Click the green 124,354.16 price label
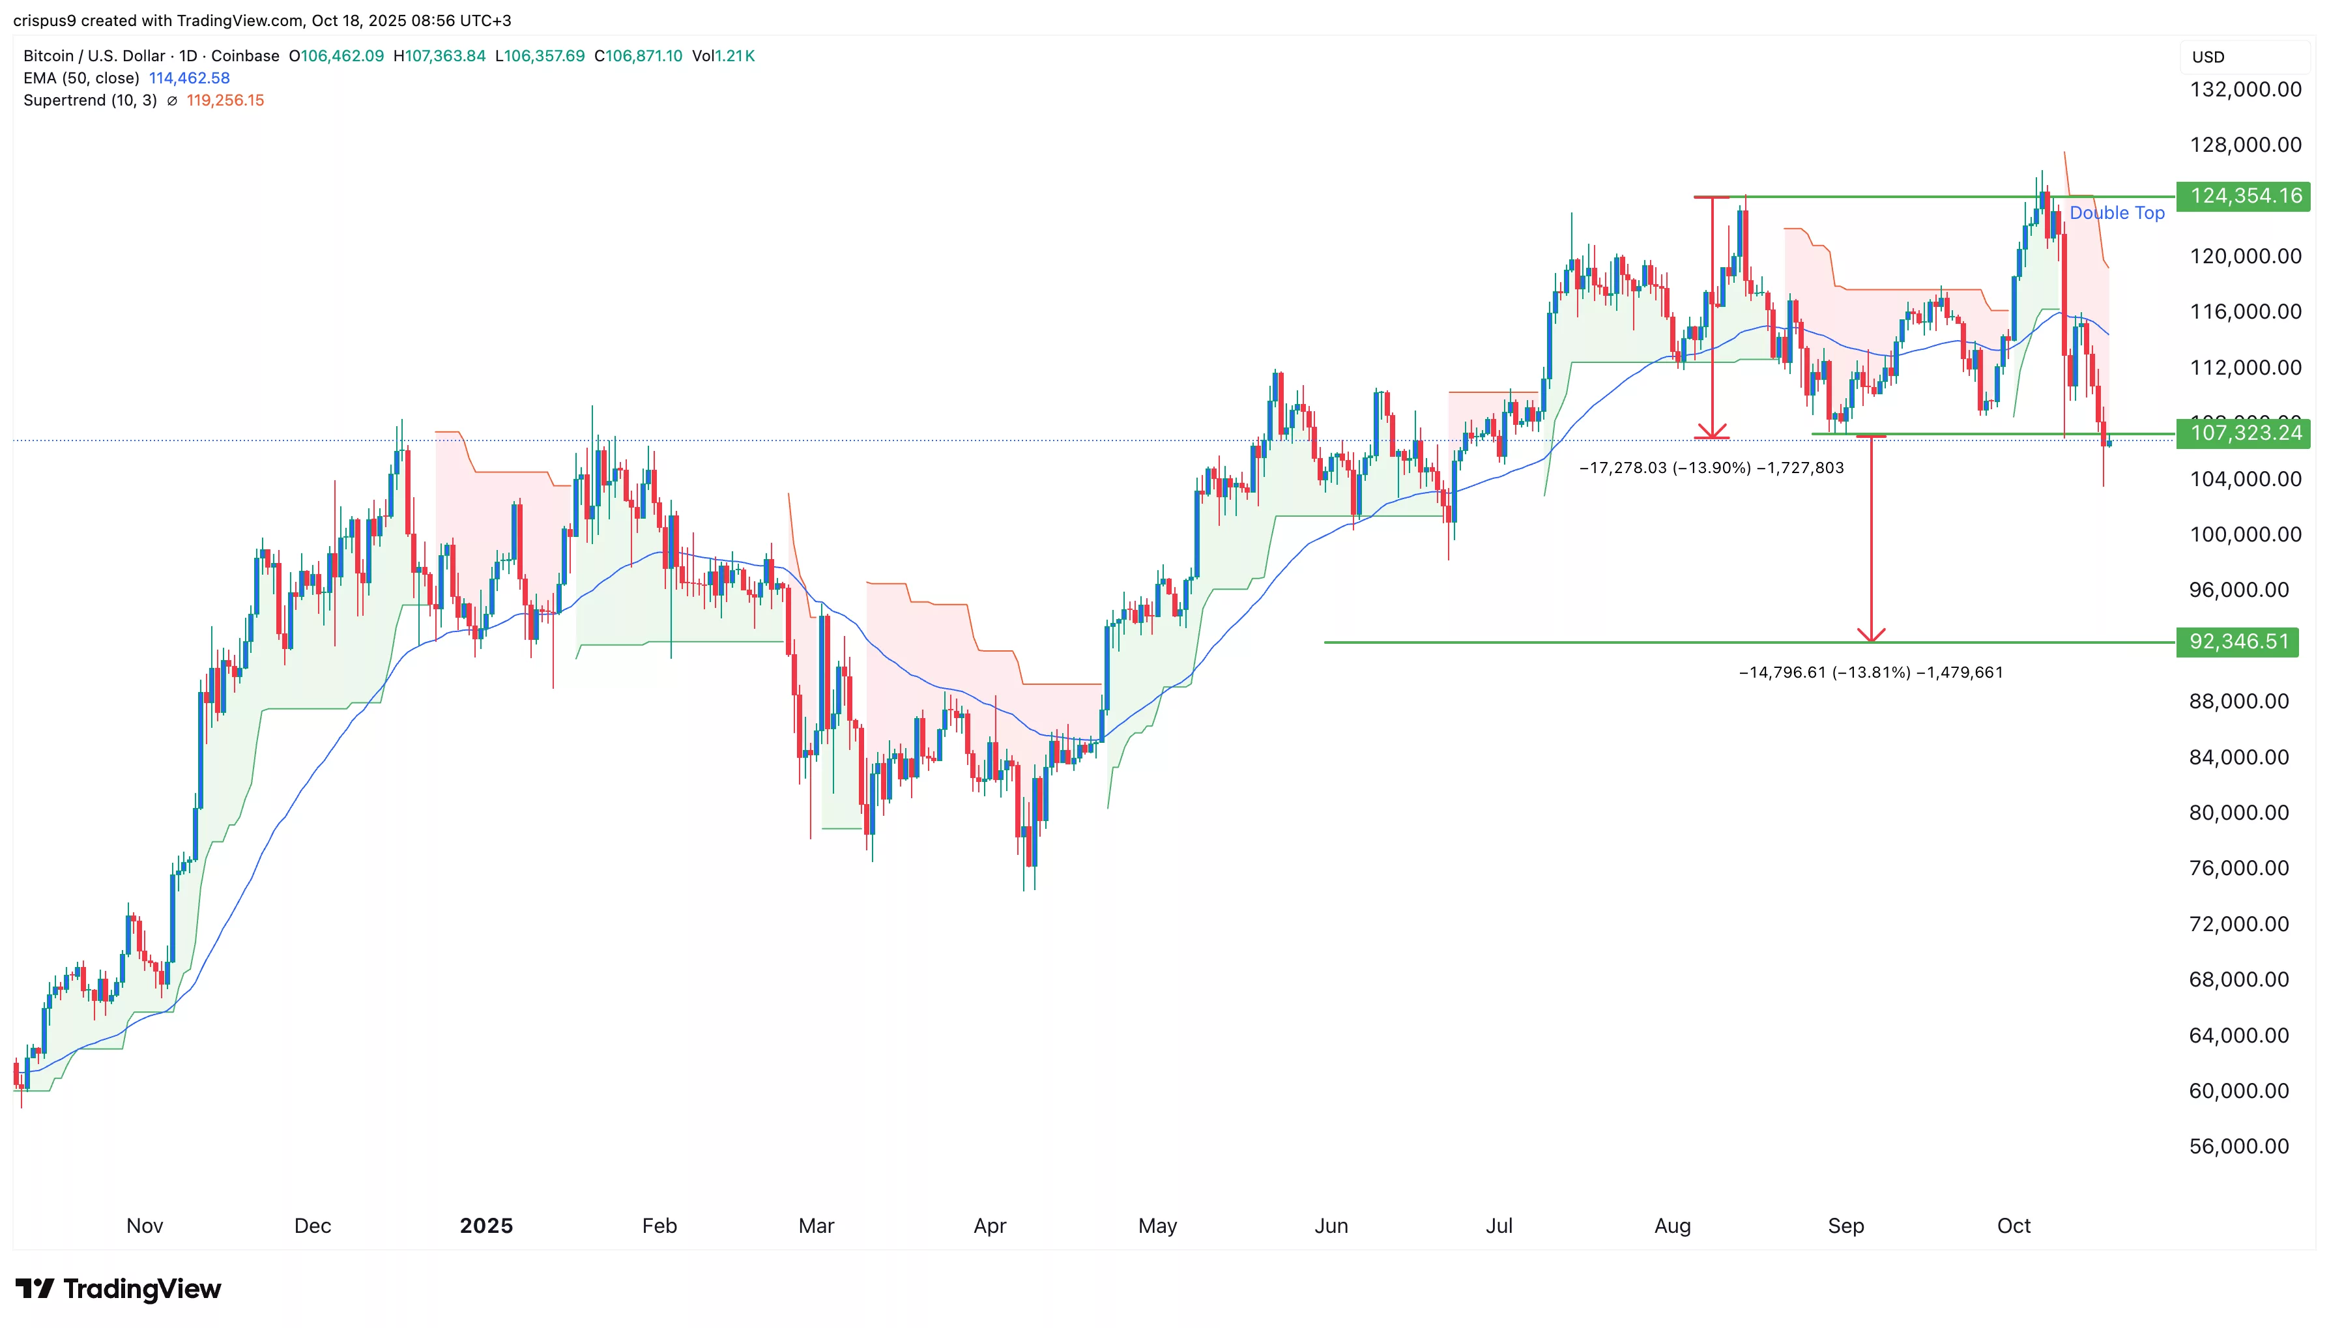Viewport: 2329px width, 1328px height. click(x=2244, y=196)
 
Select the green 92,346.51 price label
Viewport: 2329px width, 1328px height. click(x=2238, y=641)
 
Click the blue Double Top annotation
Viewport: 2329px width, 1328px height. click(x=2116, y=212)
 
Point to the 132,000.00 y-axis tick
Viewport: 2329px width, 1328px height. click(x=2245, y=89)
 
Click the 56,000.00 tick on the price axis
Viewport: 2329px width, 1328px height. click(x=2238, y=1146)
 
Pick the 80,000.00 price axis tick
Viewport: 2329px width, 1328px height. click(x=2238, y=813)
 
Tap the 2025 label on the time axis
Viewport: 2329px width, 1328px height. click(x=486, y=1225)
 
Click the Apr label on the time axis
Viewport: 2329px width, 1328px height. click(x=989, y=1225)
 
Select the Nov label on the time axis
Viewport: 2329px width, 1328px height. click(x=144, y=1225)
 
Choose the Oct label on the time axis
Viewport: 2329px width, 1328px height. click(x=2014, y=1225)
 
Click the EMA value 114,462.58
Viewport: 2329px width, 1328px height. click(x=190, y=78)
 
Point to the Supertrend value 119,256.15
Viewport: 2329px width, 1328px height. click(x=225, y=100)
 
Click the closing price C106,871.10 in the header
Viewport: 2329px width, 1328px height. click(x=639, y=55)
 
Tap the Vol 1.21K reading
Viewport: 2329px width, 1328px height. click(x=723, y=55)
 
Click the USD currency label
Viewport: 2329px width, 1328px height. click(x=2208, y=57)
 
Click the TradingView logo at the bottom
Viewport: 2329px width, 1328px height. click(x=119, y=1289)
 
